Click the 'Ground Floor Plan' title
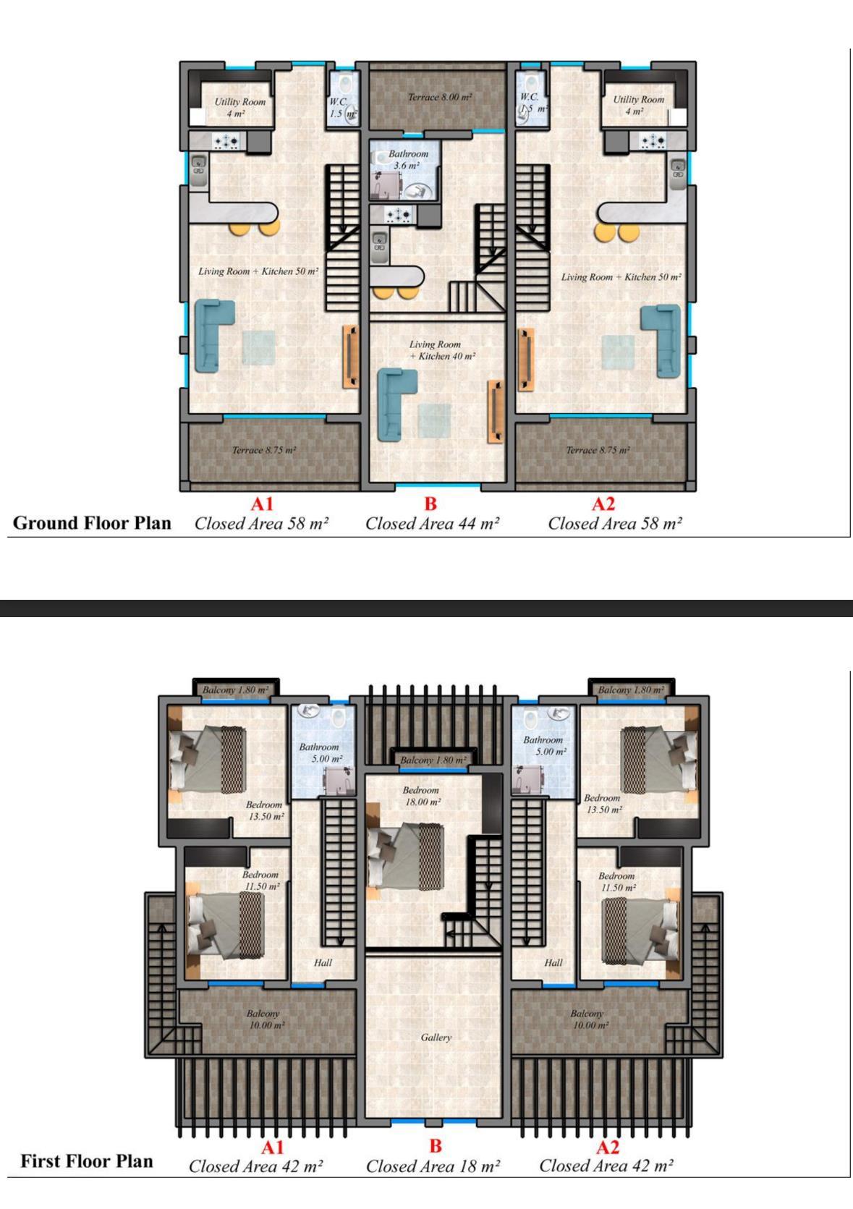pyautogui.click(x=92, y=522)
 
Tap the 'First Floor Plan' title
pyautogui.click(x=86, y=1161)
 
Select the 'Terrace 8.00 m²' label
pyautogui.click(x=439, y=97)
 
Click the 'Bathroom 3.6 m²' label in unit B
pyautogui.click(x=407, y=159)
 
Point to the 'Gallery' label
pyautogui.click(x=436, y=1038)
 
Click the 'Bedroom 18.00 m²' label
pyautogui.click(x=422, y=796)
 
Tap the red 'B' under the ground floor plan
pyautogui.click(x=430, y=504)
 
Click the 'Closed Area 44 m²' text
pyautogui.click(x=432, y=524)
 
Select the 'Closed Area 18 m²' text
pyautogui.click(x=433, y=1166)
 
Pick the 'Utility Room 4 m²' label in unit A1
pyautogui.click(x=239, y=107)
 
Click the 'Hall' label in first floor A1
pyautogui.click(x=323, y=962)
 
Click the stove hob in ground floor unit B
pyautogui.click(x=399, y=216)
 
